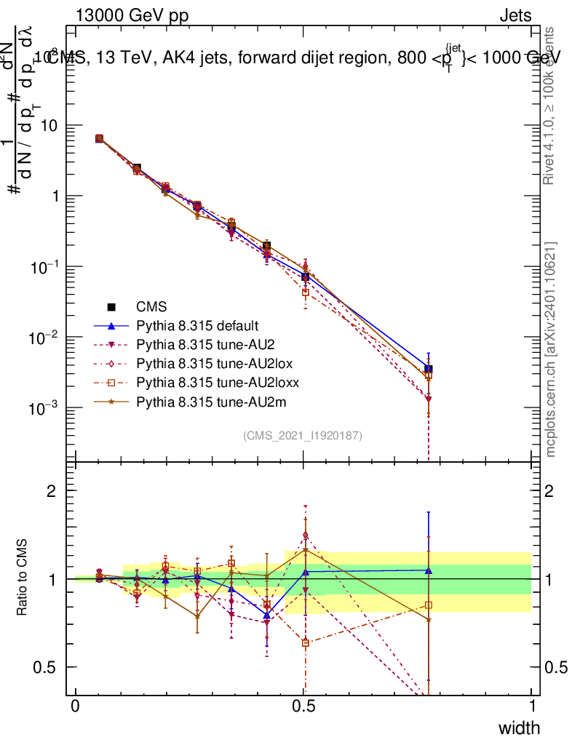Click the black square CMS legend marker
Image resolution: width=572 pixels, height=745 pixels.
click(x=113, y=306)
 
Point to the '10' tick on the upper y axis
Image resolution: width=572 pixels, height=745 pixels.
click(x=53, y=126)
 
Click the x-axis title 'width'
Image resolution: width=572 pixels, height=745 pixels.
click(x=518, y=728)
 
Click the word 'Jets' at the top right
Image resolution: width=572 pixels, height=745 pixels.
click(x=515, y=15)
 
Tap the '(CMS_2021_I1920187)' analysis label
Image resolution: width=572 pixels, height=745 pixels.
click(x=303, y=435)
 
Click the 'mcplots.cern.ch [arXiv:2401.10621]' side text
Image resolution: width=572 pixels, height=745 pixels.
click(x=552, y=350)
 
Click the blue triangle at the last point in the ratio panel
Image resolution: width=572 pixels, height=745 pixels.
click(x=429, y=570)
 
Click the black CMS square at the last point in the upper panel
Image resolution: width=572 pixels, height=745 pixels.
click(x=429, y=369)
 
